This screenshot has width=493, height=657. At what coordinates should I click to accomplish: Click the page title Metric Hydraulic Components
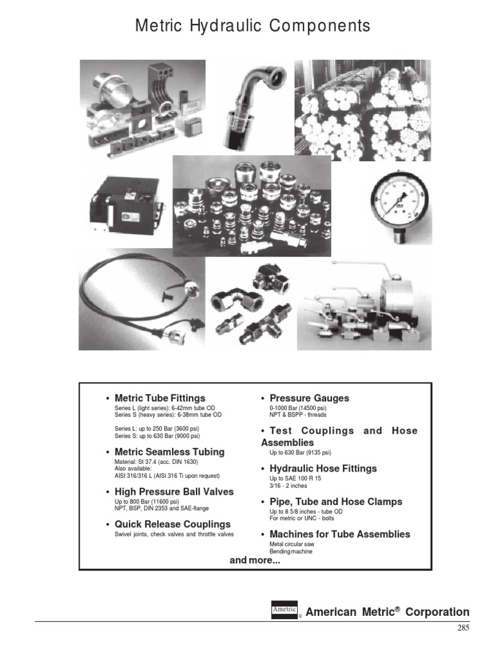click(x=252, y=26)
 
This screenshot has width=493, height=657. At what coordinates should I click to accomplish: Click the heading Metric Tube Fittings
click(x=159, y=398)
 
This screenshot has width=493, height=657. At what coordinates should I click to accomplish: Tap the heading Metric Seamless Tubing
click(x=169, y=452)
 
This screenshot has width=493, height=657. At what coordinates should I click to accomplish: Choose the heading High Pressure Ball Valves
click(x=173, y=491)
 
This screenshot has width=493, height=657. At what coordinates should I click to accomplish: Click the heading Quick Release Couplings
click(x=172, y=524)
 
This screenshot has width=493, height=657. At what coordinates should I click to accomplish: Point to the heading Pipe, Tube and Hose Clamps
click(x=335, y=501)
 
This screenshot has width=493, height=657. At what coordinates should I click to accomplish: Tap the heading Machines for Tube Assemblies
click(x=339, y=534)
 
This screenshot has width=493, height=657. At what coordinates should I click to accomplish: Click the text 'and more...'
click(x=255, y=560)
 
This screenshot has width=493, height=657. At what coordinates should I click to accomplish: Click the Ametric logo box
click(x=284, y=611)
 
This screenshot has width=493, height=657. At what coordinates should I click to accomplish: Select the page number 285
click(x=463, y=628)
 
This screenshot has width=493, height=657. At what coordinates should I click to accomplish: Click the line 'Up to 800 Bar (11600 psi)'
click(x=146, y=501)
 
